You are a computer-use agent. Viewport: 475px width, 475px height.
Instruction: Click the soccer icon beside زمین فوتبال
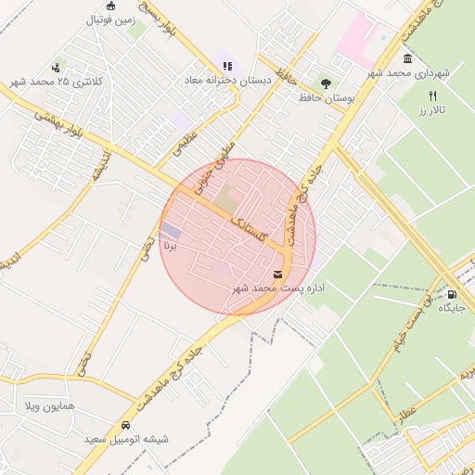[x=110, y=6]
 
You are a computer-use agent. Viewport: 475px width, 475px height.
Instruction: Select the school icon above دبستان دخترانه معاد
[x=227, y=66]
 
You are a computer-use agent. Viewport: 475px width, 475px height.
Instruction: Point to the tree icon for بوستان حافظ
[x=325, y=83]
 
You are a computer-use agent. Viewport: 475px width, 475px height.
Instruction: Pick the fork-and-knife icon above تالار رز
[x=432, y=96]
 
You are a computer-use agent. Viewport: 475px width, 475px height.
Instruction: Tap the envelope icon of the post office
[x=277, y=274]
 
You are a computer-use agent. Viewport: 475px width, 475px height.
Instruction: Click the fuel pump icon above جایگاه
[x=451, y=293]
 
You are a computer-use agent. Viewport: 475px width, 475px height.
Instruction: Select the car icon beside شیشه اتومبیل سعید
[x=124, y=425]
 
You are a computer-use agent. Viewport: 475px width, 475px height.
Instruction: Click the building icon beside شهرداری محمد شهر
[x=407, y=58]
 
